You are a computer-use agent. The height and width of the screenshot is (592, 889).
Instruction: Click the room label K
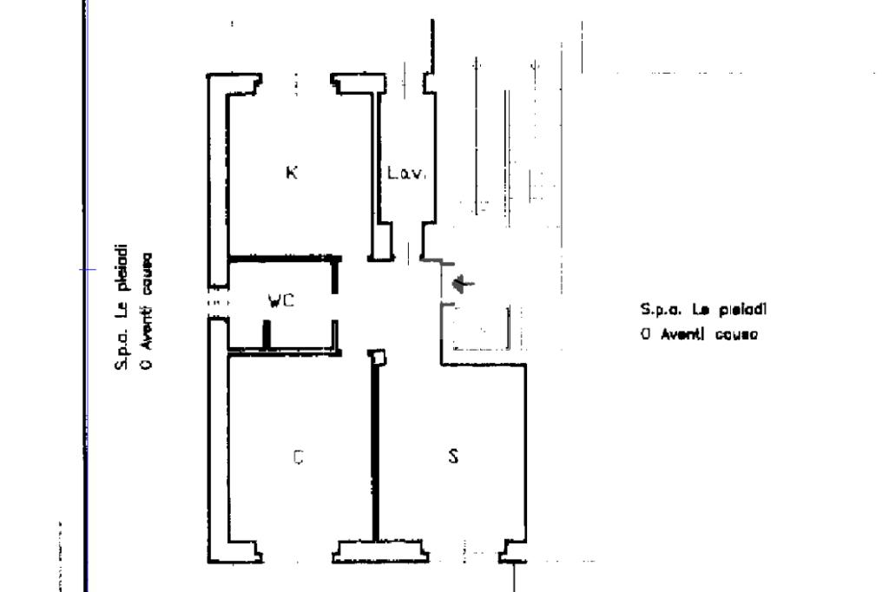pos(292,172)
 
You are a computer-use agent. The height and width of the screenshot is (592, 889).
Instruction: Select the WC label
pos(281,301)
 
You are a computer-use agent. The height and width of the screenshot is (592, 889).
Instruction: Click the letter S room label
pos(452,456)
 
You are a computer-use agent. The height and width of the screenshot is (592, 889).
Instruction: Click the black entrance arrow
pos(464,283)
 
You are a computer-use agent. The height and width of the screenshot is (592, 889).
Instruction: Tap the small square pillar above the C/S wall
pos(376,356)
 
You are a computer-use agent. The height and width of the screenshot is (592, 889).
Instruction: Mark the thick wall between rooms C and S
pos(375,451)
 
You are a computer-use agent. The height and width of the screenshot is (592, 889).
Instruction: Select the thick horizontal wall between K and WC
pos(283,258)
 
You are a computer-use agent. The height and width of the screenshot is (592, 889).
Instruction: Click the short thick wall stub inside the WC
pos(267,334)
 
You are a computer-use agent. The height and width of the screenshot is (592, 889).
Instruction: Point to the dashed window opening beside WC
pos(216,302)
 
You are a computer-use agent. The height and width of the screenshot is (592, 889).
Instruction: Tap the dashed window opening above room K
pos(296,84)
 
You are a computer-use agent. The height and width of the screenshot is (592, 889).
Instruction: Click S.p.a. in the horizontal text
pos(657,309)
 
